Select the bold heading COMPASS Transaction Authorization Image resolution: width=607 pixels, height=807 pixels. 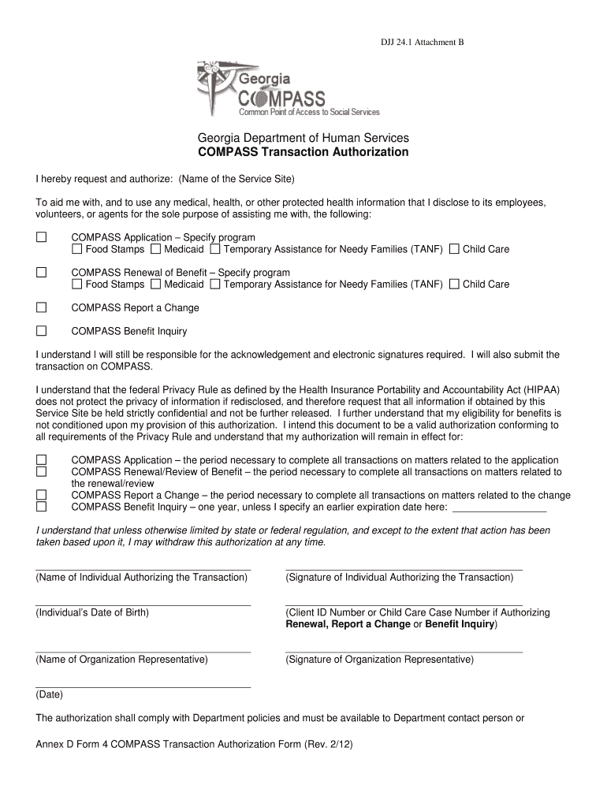coord(303,152)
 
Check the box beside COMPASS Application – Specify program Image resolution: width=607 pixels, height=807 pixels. coord(41,237)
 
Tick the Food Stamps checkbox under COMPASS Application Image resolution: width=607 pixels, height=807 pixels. coord(77,249)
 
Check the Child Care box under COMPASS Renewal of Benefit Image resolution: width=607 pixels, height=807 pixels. coord(454,284)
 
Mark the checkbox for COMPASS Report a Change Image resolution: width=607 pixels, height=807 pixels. coord(41,307)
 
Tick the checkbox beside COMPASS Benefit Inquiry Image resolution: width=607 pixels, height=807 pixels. coord(41,331)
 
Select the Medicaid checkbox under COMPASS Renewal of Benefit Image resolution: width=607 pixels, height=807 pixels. coord(156,284)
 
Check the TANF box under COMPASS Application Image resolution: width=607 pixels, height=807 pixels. coord(215,249)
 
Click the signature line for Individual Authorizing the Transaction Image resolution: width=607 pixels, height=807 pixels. coord(403,568)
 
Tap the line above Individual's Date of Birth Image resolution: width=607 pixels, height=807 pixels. coord(143,604)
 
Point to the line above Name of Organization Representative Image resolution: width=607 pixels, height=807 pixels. coord(143,651)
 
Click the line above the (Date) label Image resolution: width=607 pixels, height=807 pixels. coord(143,686)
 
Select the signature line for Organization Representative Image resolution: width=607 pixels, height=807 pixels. coord(403,651)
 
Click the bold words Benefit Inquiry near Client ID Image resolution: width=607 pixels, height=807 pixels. coord(459,624)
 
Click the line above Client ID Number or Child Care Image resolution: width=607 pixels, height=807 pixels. coord(403,604)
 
